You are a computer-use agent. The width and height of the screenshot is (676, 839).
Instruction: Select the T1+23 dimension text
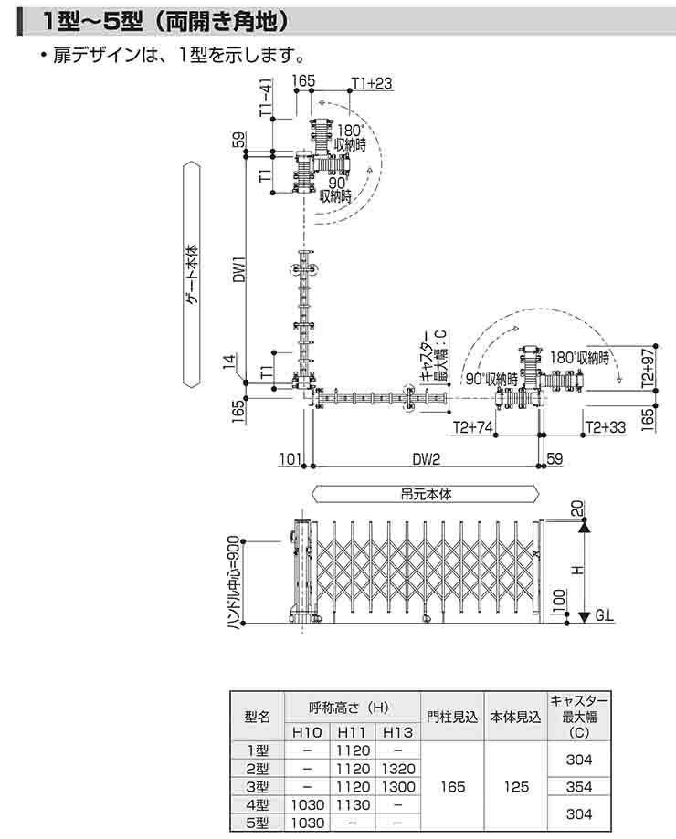click(371, 84)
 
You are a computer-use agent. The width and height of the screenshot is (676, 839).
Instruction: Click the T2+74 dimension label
click(473, 426)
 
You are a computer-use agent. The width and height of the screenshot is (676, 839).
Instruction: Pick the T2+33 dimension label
click(605, 426)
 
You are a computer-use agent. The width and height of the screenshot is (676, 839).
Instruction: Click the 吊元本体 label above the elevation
click(426, 493)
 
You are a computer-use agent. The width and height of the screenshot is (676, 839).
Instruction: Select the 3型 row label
click(258, 786)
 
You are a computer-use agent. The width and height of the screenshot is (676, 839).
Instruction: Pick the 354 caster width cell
click(578, 786)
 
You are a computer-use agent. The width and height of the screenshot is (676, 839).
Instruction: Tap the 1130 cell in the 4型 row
click(352, 804)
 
